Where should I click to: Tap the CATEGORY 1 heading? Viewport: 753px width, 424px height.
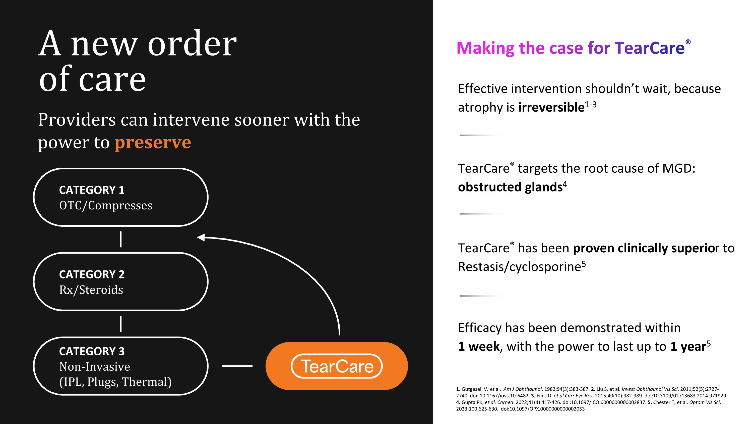(92, 190)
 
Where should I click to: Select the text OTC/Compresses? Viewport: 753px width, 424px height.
(105, 206)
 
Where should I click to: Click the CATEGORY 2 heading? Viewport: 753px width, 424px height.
(92, 274)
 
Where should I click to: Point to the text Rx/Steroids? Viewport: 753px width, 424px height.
(91, 290)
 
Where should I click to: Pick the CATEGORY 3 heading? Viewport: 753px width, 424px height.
(92, 351)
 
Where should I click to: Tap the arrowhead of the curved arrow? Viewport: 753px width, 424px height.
(201, 237)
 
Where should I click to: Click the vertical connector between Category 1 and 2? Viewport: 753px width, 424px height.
(121, 239)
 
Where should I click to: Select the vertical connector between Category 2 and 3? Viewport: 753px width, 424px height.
(121, 324)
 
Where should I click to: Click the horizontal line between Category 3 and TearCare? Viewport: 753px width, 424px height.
(237, 366)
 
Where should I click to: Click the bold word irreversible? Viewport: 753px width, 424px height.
(551, 107)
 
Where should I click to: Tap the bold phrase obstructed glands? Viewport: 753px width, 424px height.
(510, 187)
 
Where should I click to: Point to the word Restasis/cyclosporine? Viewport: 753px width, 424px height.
(519, 267)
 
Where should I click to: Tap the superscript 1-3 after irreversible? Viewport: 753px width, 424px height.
(590, 105)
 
